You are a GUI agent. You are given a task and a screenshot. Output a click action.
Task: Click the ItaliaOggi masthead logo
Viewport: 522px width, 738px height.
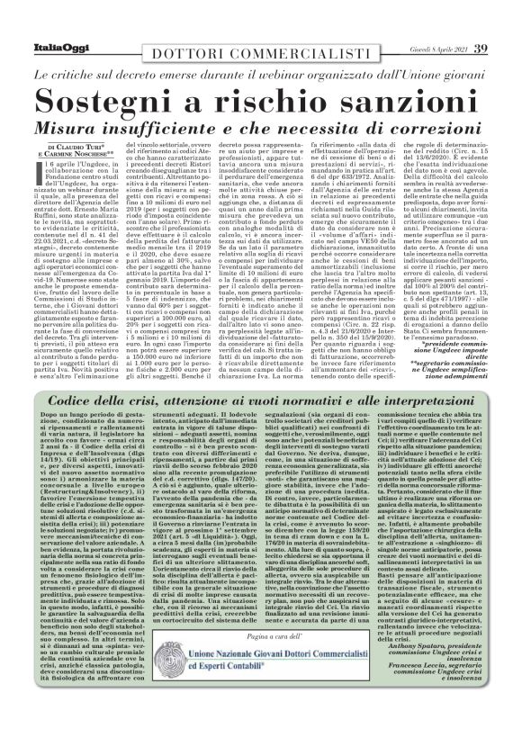tap(42, 24)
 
